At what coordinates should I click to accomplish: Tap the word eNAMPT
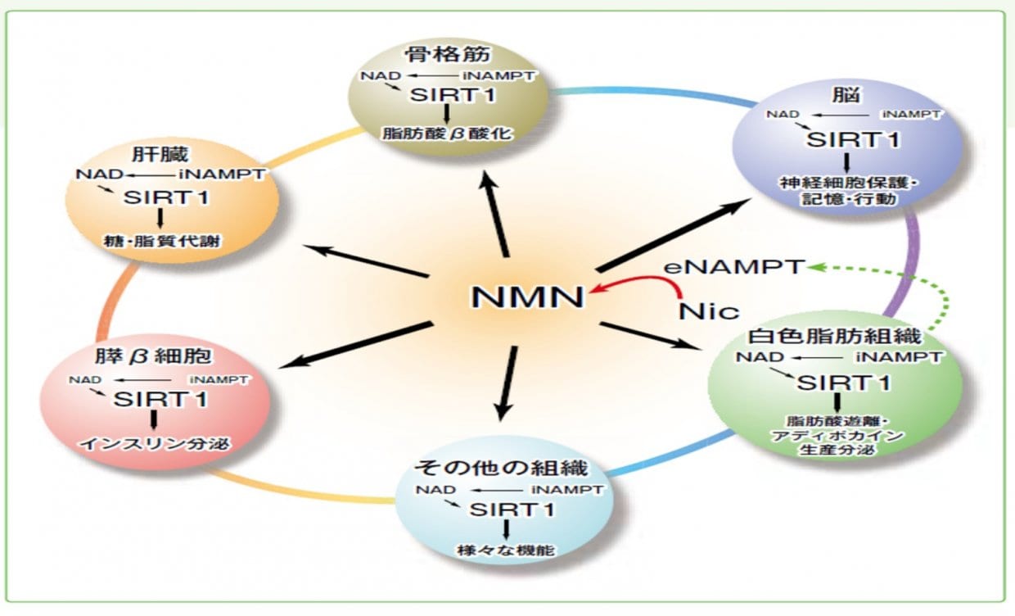[734, 268]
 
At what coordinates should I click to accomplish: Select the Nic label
[709, 310]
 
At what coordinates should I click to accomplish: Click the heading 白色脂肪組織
[835, 336]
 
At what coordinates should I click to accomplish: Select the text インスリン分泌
[154, 444]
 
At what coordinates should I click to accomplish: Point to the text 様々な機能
[507, 550]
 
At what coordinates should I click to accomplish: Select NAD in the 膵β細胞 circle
[84, 379]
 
